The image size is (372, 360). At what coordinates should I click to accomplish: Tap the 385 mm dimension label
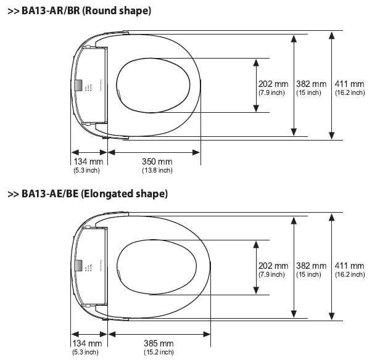pyautogui.click(x=158, y=343)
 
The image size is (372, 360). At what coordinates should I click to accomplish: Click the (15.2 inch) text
pyautogui.click(x=158, y=351)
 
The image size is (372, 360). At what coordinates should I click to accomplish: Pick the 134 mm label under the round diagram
pyautogui.click(x=86, y=162)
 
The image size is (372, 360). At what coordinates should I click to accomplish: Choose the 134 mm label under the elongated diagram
pyautogui.click(x=86, y=343)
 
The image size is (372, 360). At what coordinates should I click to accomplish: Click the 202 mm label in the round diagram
pyautogui.click(x=273, y=84)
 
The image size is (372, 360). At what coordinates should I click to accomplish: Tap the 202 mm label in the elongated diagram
pyautogui.click(x=273, y=266)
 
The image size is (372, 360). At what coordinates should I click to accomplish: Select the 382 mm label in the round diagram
pyautogui.click(x=311, y=84)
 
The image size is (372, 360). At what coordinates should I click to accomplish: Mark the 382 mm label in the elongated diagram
pyautogui.click(x=311, y=266)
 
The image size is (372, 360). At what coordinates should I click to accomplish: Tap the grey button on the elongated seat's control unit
pyautogui.click(x=79, y=266)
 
